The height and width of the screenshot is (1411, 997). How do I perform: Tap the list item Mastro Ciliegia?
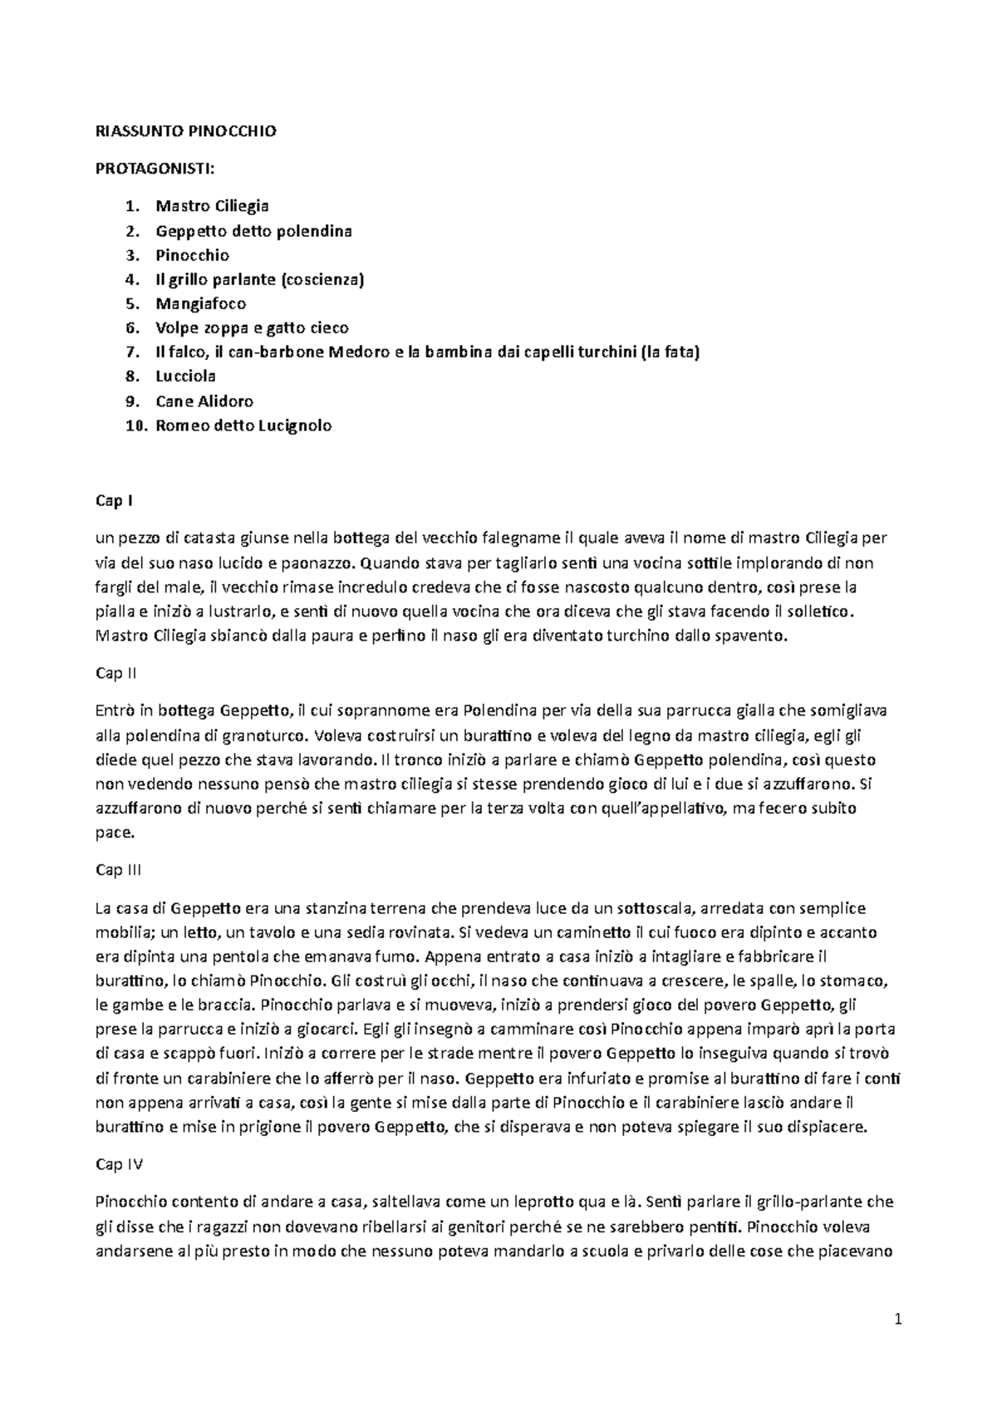point(212,205)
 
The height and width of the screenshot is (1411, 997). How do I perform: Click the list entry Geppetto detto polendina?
point(253,230)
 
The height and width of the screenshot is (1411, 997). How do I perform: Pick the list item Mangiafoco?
point(200,303)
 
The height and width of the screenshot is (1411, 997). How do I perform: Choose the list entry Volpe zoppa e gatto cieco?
point(252,327)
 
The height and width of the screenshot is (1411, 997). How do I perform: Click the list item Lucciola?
point(186,376)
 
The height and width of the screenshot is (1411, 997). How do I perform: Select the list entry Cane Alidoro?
point(204,401)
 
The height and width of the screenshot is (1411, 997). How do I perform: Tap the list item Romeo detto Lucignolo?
point(243,425)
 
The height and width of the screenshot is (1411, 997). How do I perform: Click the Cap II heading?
point(116,673)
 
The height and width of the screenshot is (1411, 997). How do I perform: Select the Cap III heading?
point(119,870)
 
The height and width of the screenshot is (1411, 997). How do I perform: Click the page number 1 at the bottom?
point(898,1319)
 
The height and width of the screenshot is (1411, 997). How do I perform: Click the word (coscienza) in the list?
point(322,279)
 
